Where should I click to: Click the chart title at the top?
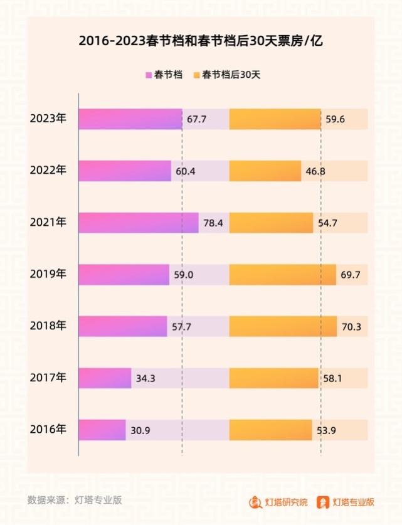coord(201,41)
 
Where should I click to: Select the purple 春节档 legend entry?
coord(164,75)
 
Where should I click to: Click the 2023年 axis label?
coord(48,119)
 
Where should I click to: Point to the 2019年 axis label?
coord(48,274)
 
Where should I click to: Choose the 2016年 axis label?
coord(48,430)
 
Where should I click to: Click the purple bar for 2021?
coord(138,223)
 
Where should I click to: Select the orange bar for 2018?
coord(283,326)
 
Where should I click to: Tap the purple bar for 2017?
coord(105,378)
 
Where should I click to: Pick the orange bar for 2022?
coord(265,171)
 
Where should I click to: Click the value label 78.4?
coord(213,223)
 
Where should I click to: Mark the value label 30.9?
coord(140,430)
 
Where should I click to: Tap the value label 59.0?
coord(184,275)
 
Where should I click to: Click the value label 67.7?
coord(196,119)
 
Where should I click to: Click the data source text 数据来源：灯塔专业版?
coord(75,500)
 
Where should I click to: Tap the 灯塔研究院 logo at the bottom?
coord(278,502)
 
